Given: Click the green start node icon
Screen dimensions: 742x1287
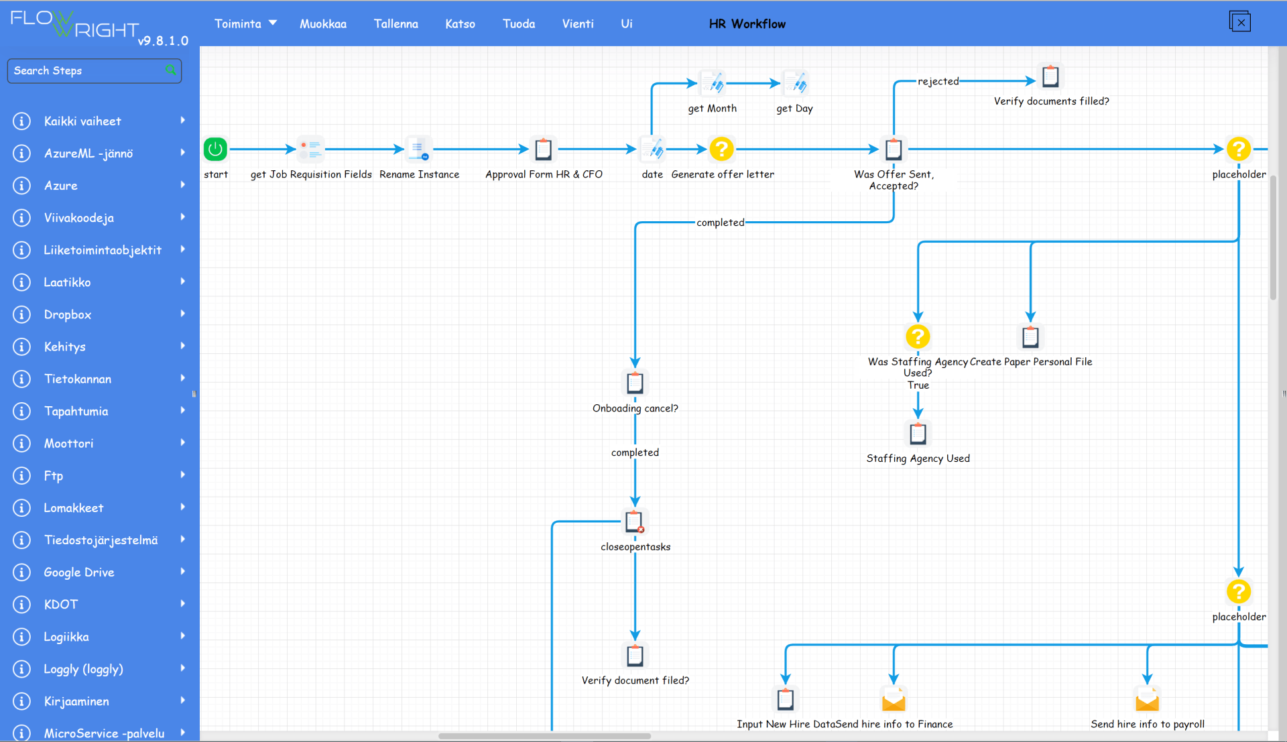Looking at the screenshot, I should tap(215, 149).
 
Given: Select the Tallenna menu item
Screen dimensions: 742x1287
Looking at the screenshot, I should tap(395, 23).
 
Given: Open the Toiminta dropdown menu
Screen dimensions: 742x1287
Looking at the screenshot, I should tap(245, 23).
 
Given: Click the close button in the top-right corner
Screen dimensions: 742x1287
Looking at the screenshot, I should tap(1240, 22).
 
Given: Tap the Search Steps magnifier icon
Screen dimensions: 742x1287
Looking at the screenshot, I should tap(171, 70).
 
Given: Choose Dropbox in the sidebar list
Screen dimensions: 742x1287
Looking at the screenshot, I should tap(68, 314).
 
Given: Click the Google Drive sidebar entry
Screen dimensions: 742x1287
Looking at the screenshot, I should tap(79, 572).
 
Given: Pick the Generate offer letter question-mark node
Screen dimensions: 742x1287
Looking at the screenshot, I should tap(721, 149).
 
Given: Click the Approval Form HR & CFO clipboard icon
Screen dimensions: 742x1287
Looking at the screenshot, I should tap(544, 149).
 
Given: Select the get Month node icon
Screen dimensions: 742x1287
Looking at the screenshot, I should tap(713, 84).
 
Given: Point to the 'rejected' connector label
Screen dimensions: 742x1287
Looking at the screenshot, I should tap(938, 81).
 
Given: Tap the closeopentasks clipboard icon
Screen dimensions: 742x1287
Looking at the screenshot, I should tap(635, 521).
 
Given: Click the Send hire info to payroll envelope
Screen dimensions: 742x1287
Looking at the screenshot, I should tap(1147, 700).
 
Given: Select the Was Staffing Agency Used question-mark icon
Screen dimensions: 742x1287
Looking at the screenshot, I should tap(918, 336).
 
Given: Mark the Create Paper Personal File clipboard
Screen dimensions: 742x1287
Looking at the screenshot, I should tap(1030, 336).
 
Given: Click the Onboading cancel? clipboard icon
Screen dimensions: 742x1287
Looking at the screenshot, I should tap(635, 383).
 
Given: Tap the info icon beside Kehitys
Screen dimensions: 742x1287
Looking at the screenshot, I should tap(21, 347).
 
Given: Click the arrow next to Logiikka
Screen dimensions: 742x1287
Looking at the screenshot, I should tap(182, 635).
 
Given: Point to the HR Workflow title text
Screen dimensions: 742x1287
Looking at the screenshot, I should tap(747, 23).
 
